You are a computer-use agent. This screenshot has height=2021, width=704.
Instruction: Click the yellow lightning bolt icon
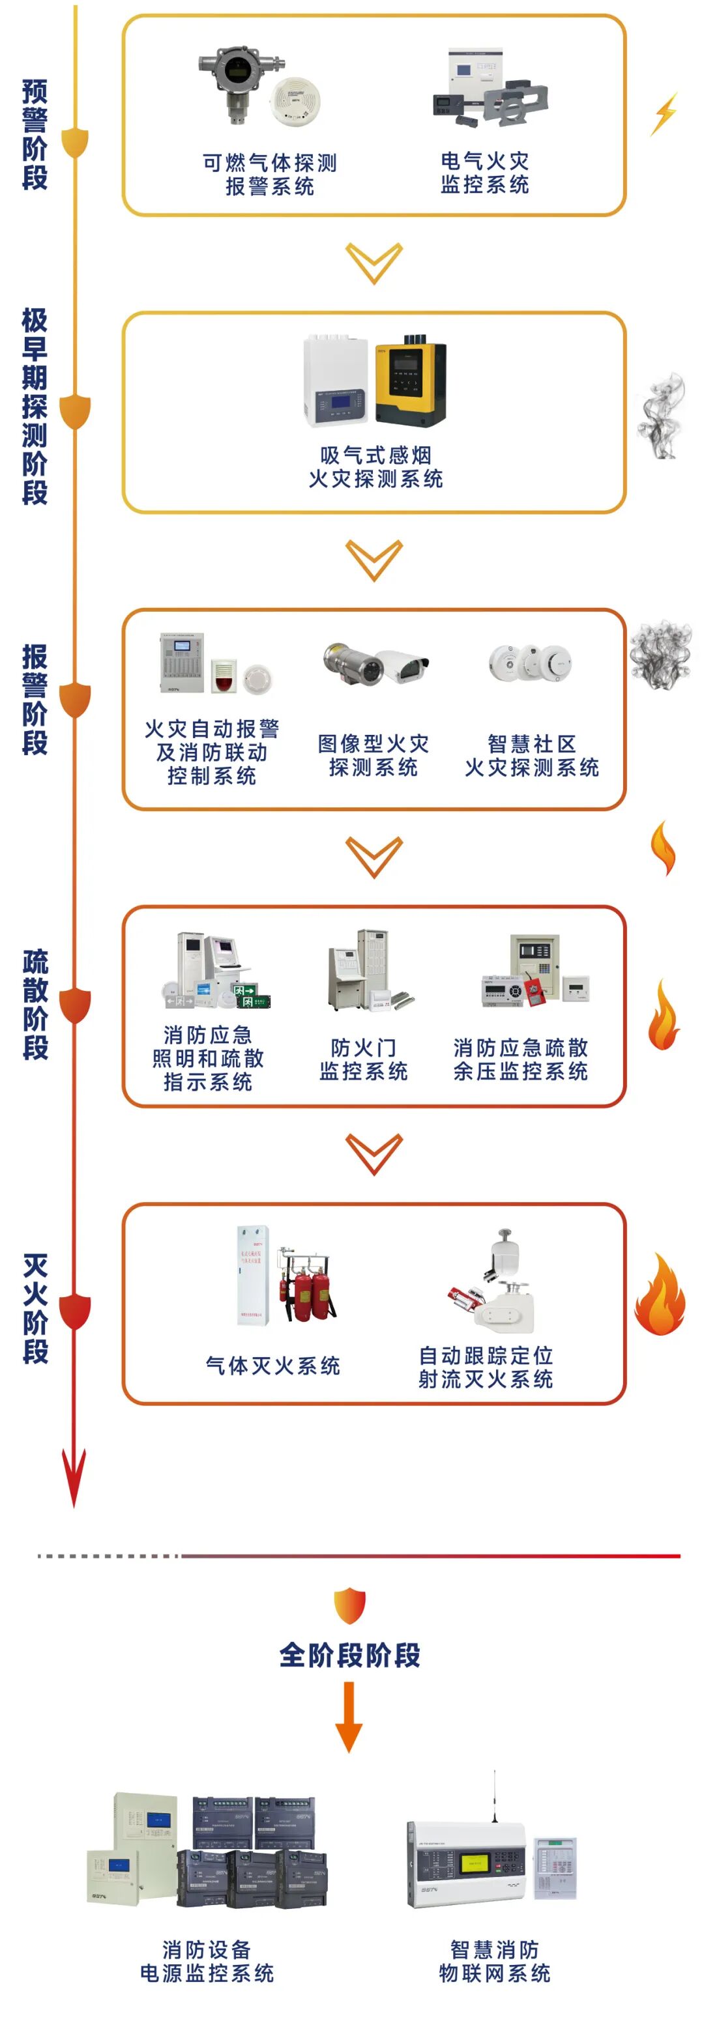[x=664, y=114]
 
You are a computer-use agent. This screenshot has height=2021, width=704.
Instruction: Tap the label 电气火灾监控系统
[x=484, y=173]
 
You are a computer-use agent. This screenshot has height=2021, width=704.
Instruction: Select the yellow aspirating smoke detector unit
[x=409, y=380]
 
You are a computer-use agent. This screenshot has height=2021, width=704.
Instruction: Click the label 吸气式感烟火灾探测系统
[x=375, y=466]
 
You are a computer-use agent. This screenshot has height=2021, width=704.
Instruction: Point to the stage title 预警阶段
[x=35, y=134]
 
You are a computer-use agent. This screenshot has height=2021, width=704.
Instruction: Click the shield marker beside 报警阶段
[x=76, y=699]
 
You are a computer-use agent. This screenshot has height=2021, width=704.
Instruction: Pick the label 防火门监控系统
[x=362, y=1059]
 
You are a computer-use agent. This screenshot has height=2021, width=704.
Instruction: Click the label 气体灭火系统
[x=272, y=1366]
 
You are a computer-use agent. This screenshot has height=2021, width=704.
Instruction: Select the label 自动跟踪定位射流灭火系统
[x=485, y=1368]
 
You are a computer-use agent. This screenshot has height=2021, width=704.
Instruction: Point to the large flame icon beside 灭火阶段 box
[x=659, y=1295]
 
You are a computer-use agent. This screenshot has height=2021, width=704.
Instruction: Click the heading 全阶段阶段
[x=350, y=1655]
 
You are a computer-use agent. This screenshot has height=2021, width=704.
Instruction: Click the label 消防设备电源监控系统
[x=207, y=1960]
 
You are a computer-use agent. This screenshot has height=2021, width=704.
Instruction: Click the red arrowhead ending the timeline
[x=74, y=1479]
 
